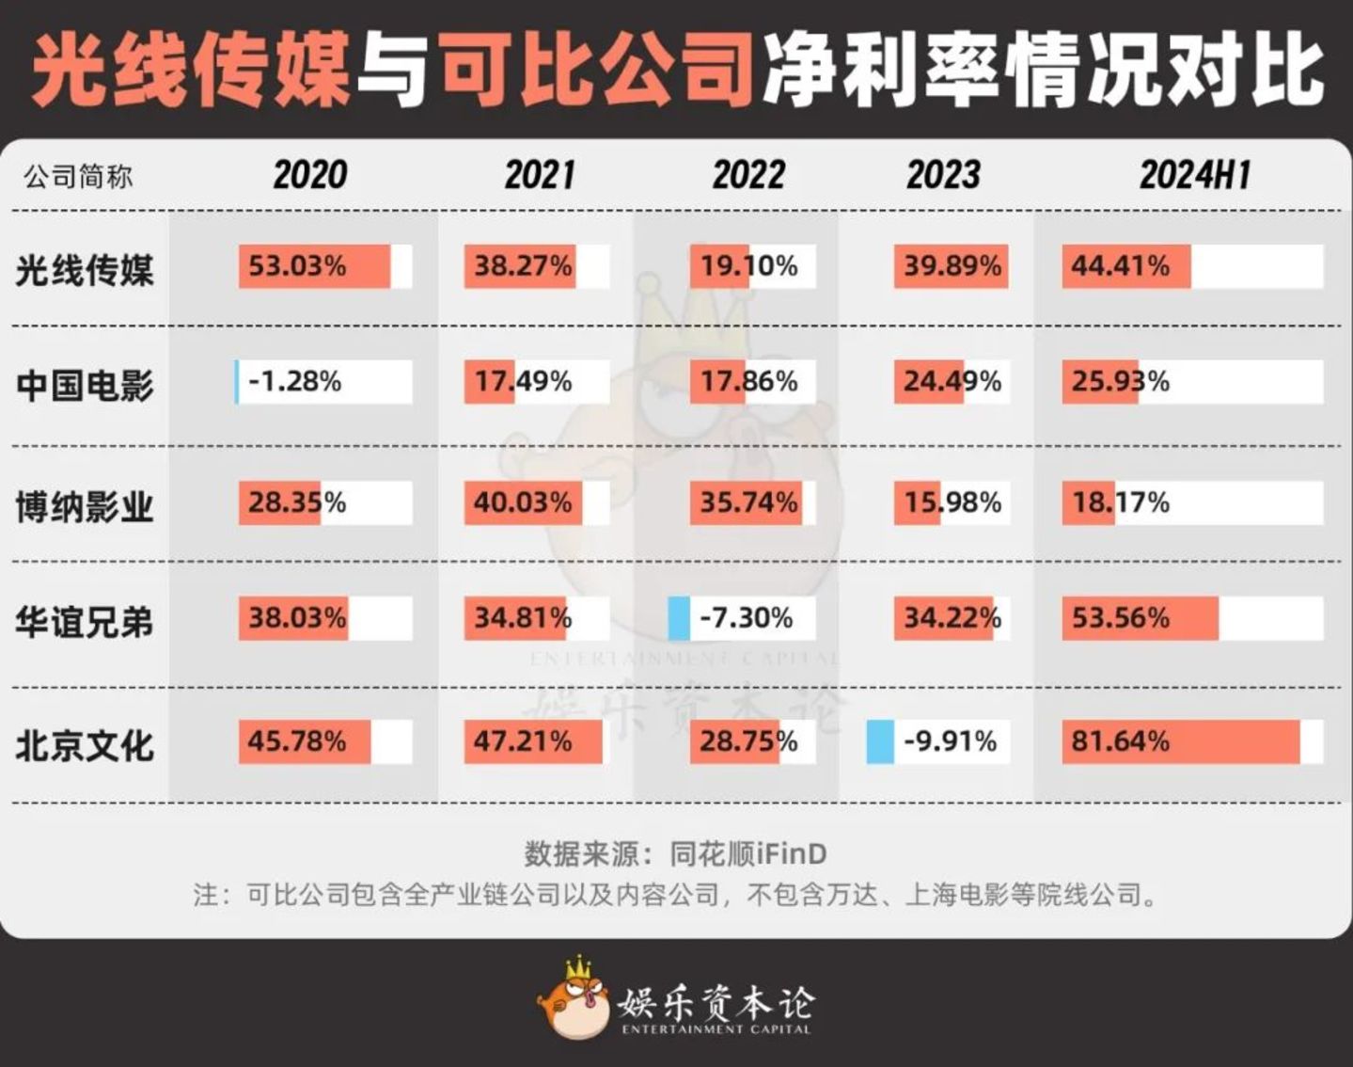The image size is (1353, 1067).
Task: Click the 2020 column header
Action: point(309,175)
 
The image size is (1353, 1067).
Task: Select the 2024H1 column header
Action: point(1194,175)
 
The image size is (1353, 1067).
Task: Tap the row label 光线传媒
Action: point(85,270)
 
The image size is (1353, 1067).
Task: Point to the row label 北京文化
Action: point(85,745)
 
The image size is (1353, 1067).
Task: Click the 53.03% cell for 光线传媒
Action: point(297,266)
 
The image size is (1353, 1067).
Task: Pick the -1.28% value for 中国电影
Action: point(294,381)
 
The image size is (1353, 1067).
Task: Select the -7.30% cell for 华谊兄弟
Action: point(746,618)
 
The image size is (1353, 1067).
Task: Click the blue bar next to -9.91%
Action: point(880,741)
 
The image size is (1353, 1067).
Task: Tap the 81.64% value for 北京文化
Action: point(1121,741)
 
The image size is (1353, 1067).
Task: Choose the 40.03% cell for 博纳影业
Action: point(523,502)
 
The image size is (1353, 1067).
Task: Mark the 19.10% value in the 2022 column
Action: point(748,266)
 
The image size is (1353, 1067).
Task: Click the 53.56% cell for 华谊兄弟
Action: point(1121,618)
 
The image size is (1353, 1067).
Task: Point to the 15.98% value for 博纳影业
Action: point(952,502)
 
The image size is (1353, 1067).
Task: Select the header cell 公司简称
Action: point(78,176)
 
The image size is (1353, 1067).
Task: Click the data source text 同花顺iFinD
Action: point(748,853)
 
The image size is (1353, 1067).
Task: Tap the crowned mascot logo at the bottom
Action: point(574,999)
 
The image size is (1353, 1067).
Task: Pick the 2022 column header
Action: point(747,175)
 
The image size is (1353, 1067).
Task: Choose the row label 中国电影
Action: point(85,385)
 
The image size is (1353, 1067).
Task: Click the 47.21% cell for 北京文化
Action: point(523,741)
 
